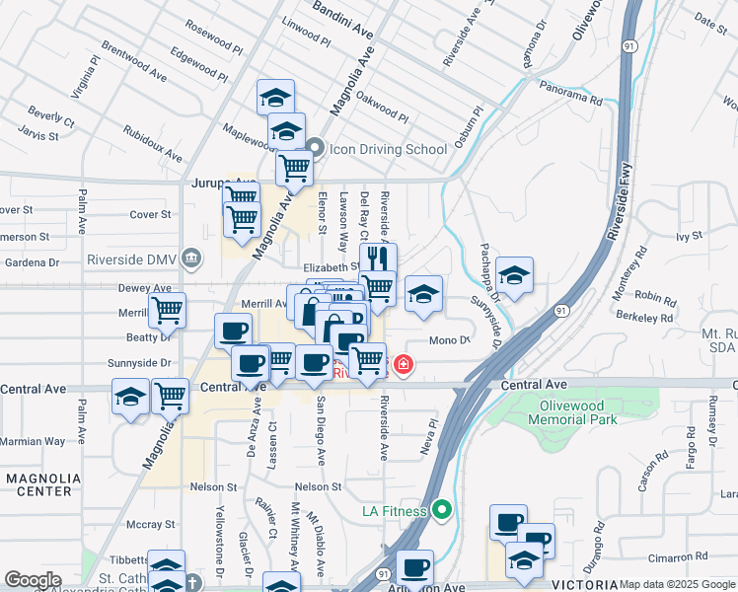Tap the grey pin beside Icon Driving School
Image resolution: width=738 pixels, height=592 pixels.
316,149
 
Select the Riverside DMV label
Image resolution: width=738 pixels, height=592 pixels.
132,260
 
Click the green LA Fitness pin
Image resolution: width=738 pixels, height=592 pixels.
441,510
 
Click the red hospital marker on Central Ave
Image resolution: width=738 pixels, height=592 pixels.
403,367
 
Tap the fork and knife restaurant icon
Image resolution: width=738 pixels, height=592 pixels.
378,259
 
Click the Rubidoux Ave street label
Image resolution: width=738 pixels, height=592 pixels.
153,144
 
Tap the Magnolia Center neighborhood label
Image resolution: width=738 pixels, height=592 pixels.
38,484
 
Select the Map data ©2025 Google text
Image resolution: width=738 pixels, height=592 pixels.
677,584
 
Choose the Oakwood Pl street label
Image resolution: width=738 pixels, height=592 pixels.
382,109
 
